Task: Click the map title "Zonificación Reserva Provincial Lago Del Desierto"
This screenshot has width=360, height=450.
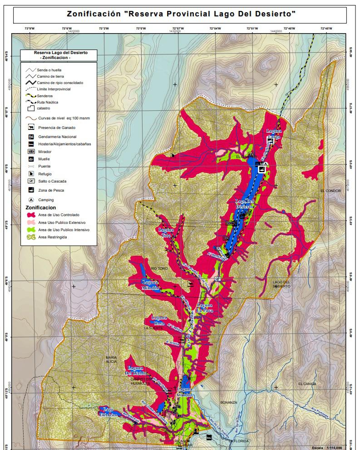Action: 181,14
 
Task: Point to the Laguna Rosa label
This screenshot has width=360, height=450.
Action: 159,319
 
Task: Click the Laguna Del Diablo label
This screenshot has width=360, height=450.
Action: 136,371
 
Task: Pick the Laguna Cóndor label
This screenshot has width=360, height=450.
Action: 185,392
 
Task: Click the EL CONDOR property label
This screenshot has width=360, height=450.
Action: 330,191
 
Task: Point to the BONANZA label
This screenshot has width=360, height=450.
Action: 229,402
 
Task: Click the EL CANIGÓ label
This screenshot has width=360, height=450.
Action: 307,384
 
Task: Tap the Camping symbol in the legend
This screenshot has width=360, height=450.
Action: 31,200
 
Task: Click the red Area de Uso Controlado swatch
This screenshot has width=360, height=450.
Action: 31,215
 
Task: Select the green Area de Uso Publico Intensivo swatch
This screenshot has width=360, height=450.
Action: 31,230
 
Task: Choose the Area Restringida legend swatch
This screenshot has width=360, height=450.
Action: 31,237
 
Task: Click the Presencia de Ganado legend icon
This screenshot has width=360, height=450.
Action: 31,128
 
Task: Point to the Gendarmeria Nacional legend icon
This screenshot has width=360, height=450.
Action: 31,137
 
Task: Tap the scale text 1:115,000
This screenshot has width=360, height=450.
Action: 334,447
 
